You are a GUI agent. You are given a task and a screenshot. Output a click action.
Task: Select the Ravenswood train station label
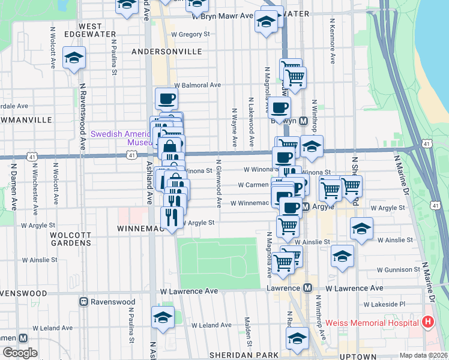112,301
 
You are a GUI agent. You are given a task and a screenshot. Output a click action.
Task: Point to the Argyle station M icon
305,207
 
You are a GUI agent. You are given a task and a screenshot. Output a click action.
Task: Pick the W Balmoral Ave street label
197,85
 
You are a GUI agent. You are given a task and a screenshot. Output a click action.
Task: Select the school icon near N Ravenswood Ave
74,59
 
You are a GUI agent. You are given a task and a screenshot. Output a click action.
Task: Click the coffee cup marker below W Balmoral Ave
166,98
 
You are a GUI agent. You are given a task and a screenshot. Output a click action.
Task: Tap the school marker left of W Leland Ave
162,318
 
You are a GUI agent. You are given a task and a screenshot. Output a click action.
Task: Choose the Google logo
20,353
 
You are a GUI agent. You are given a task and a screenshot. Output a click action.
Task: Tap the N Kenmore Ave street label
332,41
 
